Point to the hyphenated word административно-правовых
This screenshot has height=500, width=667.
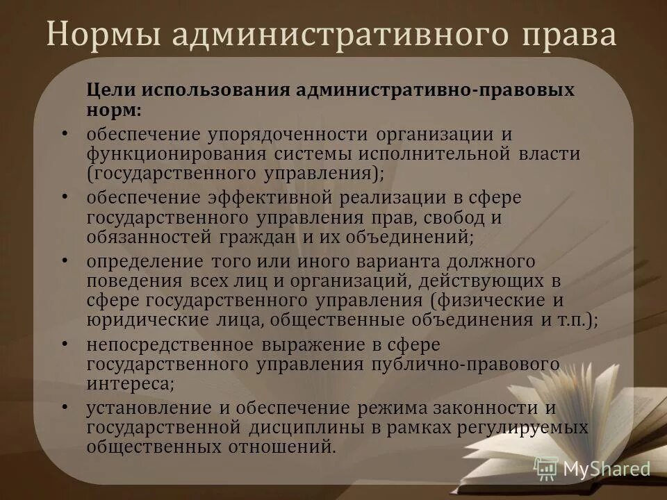pyautogui.click(x=436, y=90)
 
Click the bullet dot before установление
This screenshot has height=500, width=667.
pyautogui.click(x=65, y=407)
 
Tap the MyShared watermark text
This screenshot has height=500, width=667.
pyautogui.click(x=607, y=469)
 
